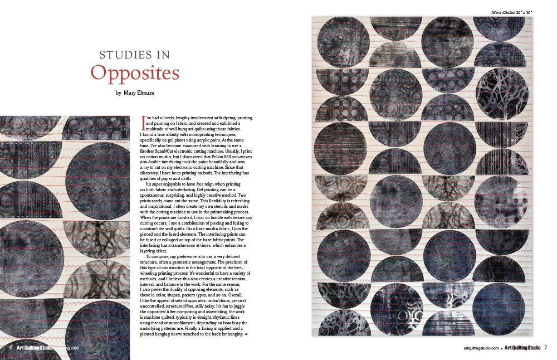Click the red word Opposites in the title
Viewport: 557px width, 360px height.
pos(135,74)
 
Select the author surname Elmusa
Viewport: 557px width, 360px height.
pos(143,93)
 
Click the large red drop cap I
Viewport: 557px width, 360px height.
pos(144,120)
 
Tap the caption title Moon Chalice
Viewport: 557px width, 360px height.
pos(503,11)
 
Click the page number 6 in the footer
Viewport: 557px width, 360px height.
pos(11,347)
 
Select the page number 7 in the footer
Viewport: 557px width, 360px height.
pos(546,348)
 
